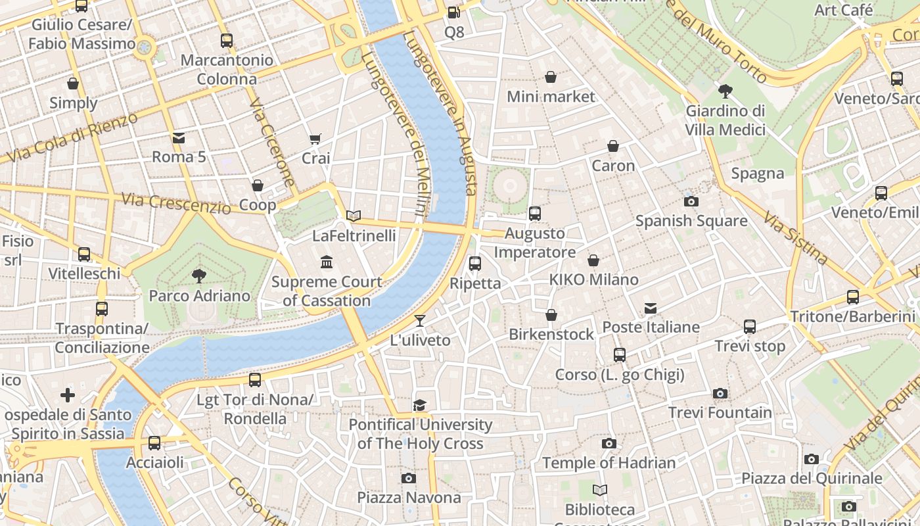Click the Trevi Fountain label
720,413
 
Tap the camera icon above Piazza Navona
409,478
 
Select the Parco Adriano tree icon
198,276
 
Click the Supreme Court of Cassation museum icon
327,262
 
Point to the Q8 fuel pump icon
453,12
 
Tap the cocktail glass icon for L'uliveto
420,321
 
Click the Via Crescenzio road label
175,203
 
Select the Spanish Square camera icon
691,201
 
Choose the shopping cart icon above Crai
315,139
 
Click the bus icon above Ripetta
475,264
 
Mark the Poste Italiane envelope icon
650,308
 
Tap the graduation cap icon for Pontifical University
420,405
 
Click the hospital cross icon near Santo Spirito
67,395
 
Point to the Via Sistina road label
794,237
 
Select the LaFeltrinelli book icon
354,216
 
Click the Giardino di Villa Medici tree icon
725,91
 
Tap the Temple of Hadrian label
609,463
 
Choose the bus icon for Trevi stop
750,327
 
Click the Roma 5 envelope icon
179,137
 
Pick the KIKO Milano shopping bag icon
593,260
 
